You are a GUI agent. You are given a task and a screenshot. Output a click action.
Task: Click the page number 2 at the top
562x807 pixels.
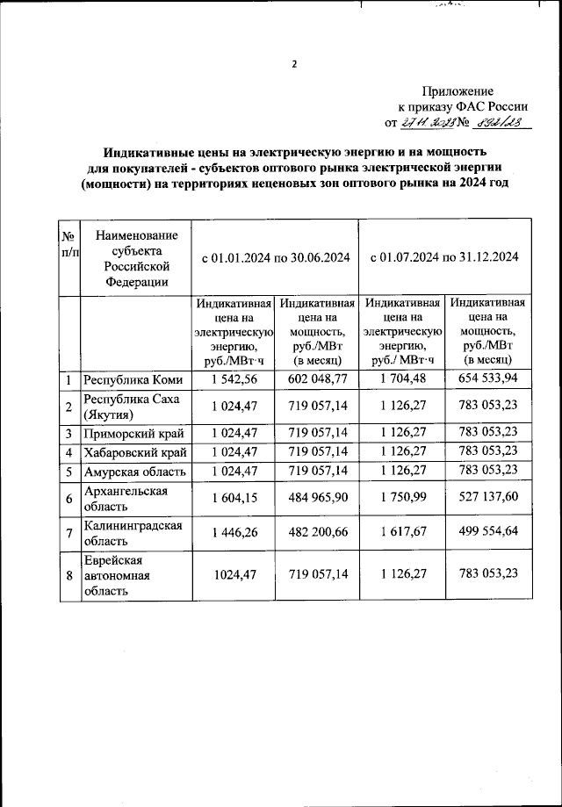[x=294, y=63]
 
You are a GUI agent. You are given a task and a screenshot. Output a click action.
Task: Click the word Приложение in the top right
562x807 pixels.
[x=458, y=91]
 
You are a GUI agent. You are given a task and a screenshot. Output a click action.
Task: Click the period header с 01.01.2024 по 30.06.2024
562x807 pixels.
[x=276, y=257]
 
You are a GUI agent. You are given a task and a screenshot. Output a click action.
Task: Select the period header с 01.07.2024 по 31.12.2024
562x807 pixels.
[x=444, y=257]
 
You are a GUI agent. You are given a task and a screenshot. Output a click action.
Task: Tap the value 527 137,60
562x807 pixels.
[x=487, y=498]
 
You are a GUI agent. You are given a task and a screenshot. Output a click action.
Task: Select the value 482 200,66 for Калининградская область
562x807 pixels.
[x=317, y=533]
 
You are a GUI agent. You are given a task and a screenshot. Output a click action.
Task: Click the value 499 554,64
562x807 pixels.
[x=487, y=532]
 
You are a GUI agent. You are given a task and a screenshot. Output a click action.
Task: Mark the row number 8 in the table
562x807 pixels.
[x=68, y=575]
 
